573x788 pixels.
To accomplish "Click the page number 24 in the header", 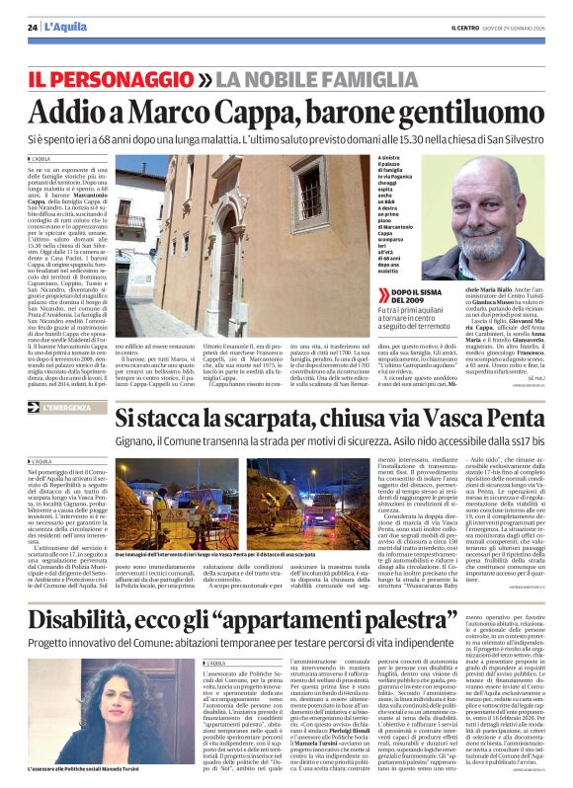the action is click(x=33, y=27).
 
